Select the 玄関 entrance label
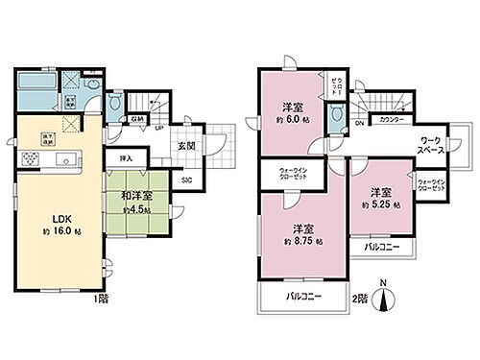pos(185,146)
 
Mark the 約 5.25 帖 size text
pos(376,204)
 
